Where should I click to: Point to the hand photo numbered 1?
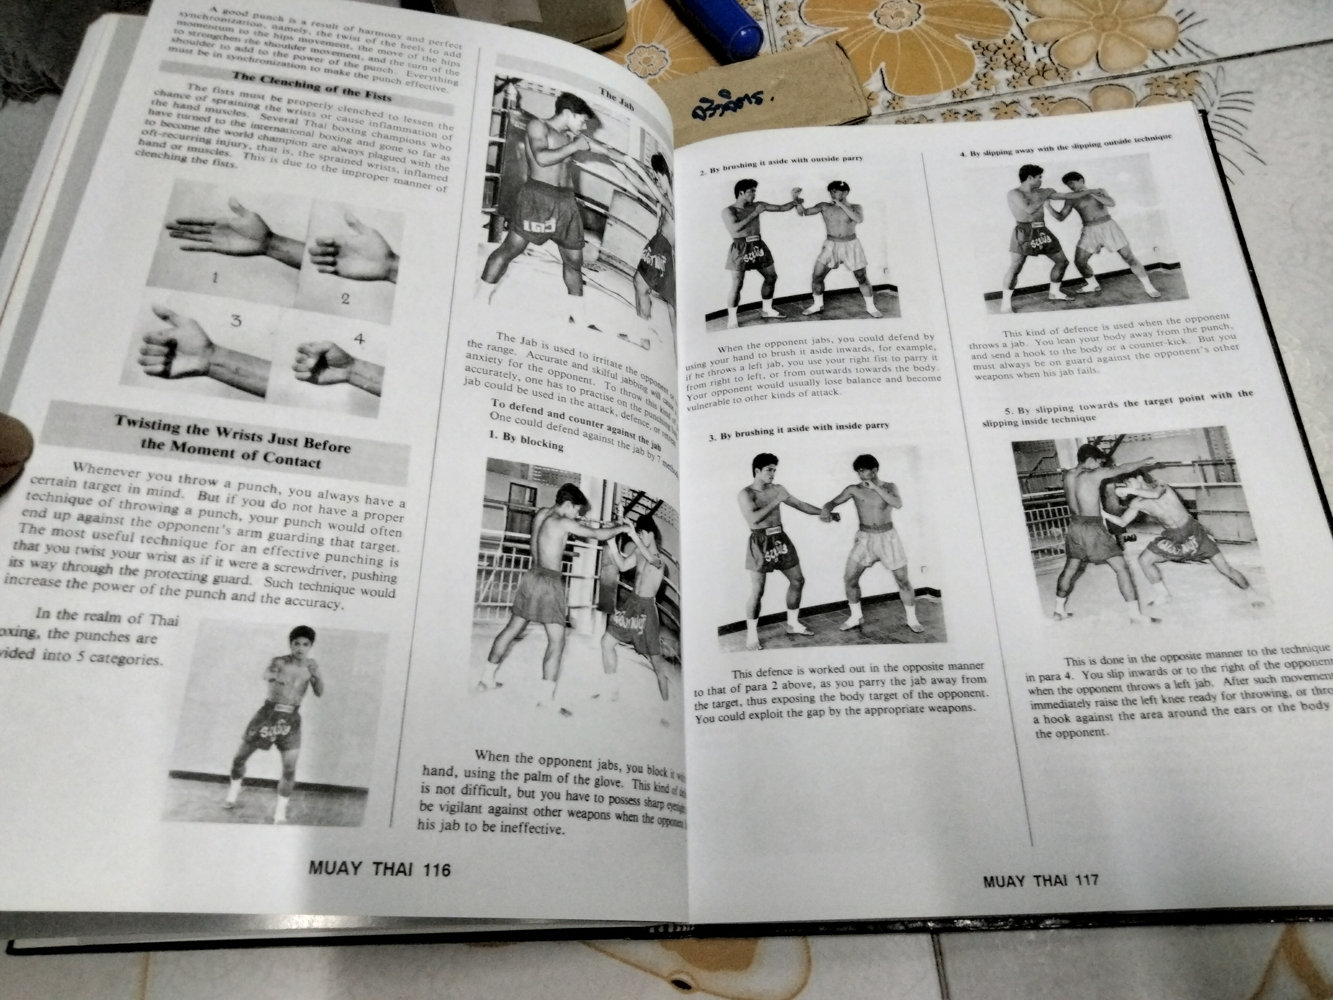point(235,232)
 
